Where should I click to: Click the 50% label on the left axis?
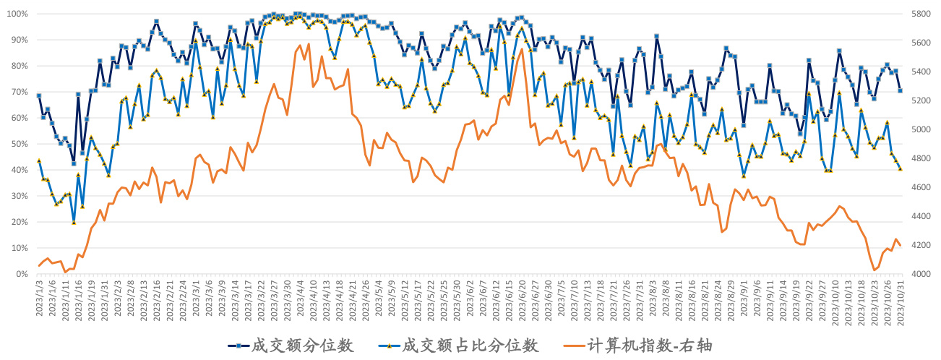[x=18, y=145]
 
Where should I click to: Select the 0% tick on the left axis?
[x=20, y=275]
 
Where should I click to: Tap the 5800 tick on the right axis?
[x=921, y=14]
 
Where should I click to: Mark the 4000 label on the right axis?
[x=921, y=275]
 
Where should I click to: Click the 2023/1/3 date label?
[x=39, y=299]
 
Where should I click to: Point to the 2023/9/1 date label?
[x=744, y=299]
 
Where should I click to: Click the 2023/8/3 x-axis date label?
[x=656, y=299]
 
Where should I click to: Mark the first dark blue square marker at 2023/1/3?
[x=39, y=95]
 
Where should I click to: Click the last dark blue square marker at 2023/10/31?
[x=900, y=90]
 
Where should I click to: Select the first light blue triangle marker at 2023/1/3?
[x=39, y=160]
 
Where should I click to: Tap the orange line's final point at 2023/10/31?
[x=900, y=246]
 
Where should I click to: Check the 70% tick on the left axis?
[x=18, y=93]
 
